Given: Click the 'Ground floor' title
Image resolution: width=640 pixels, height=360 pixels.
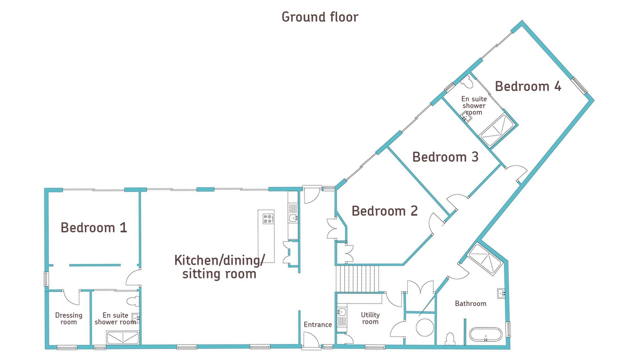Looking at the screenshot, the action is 320,17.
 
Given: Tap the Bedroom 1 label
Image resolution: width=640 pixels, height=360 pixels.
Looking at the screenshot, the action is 94,227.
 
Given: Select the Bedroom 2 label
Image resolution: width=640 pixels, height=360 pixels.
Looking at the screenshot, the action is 384,211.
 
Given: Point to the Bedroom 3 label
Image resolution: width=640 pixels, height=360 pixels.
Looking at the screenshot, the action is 445,157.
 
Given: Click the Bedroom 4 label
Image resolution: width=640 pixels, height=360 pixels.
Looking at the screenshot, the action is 528,86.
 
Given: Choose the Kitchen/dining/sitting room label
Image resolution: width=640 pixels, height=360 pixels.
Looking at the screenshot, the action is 219,267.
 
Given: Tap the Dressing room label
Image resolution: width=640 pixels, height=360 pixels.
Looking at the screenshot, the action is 69,318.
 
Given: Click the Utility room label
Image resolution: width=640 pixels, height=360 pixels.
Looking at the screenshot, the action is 370,318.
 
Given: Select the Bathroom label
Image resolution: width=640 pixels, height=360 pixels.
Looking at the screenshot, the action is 470,303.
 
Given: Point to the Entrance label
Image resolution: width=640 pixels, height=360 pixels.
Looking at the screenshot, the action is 318,324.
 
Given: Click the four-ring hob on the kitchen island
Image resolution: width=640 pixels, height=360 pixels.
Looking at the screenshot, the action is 268,219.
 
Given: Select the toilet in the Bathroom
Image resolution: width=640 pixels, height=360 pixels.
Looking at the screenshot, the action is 450,338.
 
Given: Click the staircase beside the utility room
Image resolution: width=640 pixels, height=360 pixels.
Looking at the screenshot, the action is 358,279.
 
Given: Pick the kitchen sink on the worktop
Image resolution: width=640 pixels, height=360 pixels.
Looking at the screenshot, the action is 293,218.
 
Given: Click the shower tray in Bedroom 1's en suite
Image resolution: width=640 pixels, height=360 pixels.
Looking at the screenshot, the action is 122,338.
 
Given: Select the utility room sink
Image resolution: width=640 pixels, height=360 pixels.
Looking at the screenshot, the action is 342,313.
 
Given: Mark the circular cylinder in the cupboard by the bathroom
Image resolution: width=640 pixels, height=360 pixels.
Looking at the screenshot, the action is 425,327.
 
